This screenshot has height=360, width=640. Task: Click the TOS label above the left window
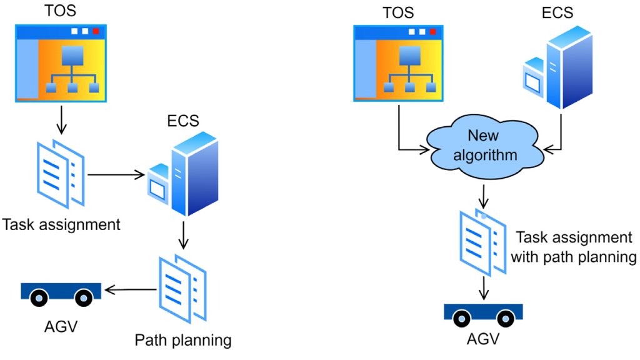coord(61,11)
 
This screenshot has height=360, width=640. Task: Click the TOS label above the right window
coord(398,11)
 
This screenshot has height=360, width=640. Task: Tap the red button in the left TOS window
coord(96,31)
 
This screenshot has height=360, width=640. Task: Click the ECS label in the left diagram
coord(184,121)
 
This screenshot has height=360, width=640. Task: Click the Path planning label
coord(183,340)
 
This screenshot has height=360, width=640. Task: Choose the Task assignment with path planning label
coord(574,247)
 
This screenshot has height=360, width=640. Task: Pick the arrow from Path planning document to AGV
coord(130,289)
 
